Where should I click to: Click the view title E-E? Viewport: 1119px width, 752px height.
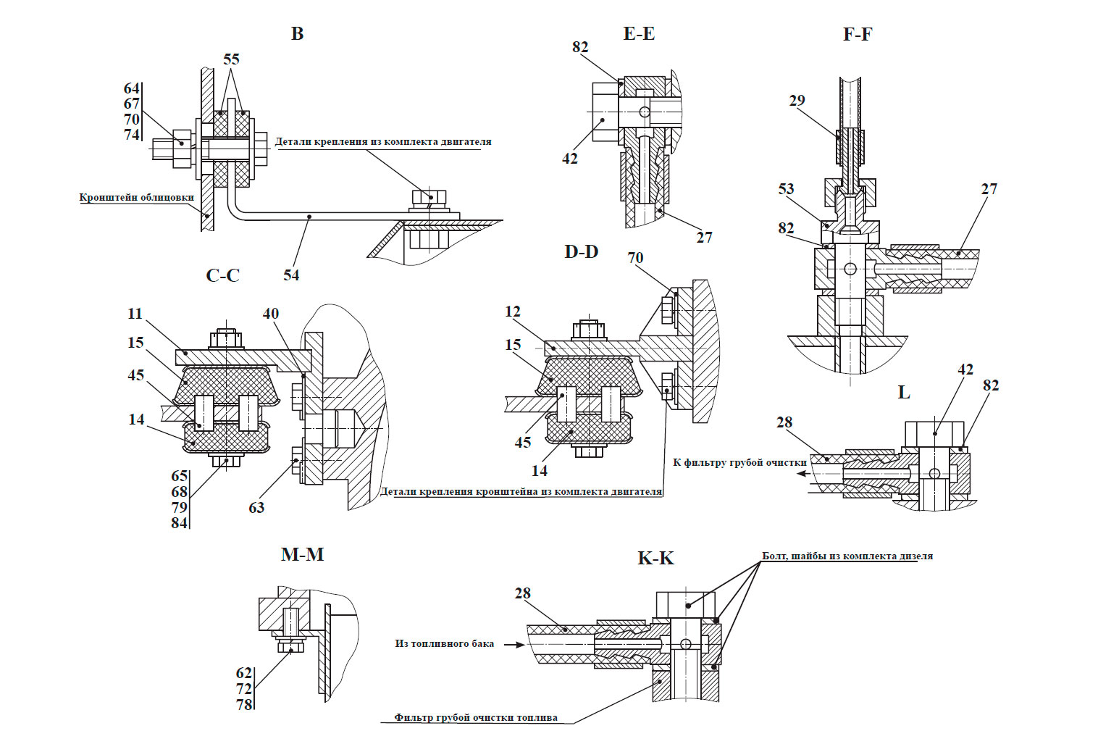pyautogui.click(x=638, y=33)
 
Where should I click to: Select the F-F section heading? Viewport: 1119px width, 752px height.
pyautogui.click(x=858, y=34)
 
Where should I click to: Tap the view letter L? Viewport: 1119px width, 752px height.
pyautogui.click(x=904, y=392)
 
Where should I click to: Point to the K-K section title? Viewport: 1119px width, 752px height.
pyautogui.click(x=656, y=558)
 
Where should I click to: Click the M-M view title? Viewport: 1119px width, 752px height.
pyautogui.click(x=302, y=554)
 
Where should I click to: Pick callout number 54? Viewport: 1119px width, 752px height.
pyautogui.click(x=291, y=275)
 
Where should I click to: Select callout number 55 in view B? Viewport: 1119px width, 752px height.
pyautogui.click(x=231, y=59)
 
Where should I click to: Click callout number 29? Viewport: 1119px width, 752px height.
pyautogui.click(x=797, y=101)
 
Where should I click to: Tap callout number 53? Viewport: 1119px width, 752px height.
pyautogui.click(x=786, y=189)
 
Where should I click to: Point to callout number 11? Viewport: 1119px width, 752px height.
pyautogui.click(x=135, y=314)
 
